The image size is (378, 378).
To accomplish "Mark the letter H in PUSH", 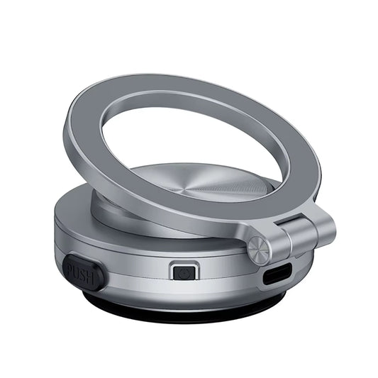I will click(93, 277).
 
